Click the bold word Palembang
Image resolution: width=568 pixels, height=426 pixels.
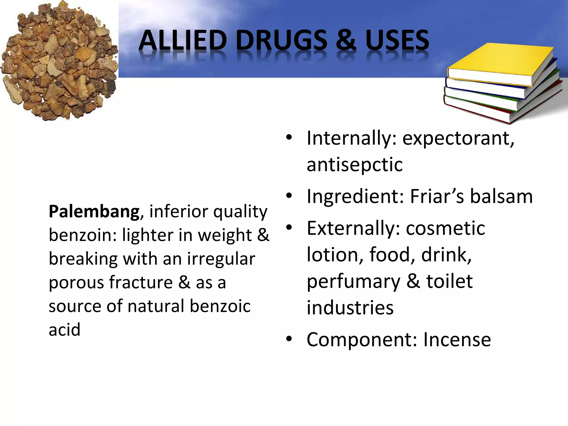coord(94,211)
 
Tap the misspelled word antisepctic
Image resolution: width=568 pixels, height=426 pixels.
coord(354,165)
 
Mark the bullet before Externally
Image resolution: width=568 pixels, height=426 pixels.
coord(289,228)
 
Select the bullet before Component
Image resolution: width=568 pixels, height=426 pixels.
coord(289,339)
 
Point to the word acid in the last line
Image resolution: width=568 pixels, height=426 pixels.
coord(64,330)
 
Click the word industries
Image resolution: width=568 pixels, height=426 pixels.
coord(350,308)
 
